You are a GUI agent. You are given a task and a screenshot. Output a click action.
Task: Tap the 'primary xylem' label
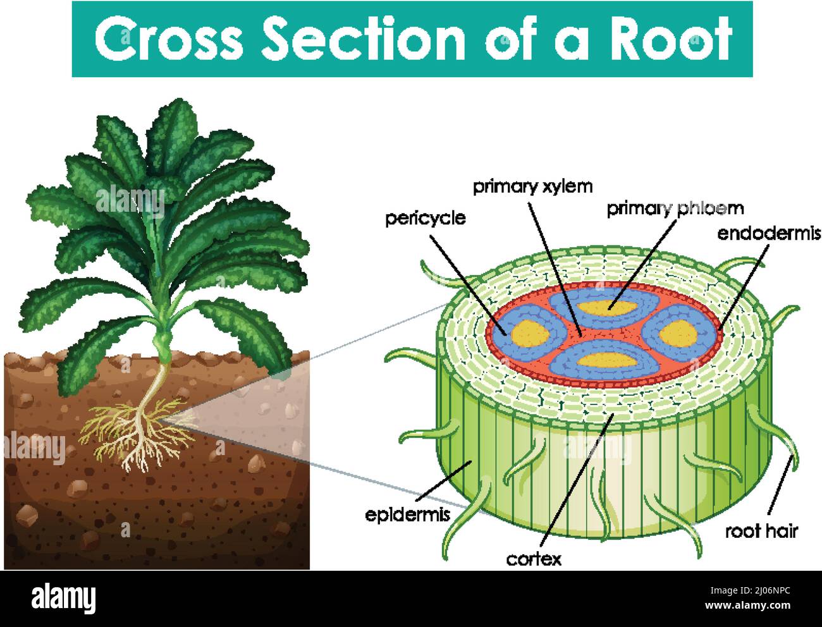click(x=533, y=186)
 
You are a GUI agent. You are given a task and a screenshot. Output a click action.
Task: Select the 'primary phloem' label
click(x=675, y=208)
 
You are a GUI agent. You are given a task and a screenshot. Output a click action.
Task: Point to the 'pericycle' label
click(x=426, y=219)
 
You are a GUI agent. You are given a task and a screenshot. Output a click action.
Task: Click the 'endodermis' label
click(x=768, y=233)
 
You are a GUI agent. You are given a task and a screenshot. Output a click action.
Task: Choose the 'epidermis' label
click(x=408, y=514)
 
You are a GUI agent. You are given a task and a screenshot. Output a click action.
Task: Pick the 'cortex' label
click(x=534, y=559)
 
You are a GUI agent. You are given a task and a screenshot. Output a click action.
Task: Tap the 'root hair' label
click(x=761, y=531)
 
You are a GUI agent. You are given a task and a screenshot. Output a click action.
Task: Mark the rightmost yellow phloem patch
click(x=678, y=331)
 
